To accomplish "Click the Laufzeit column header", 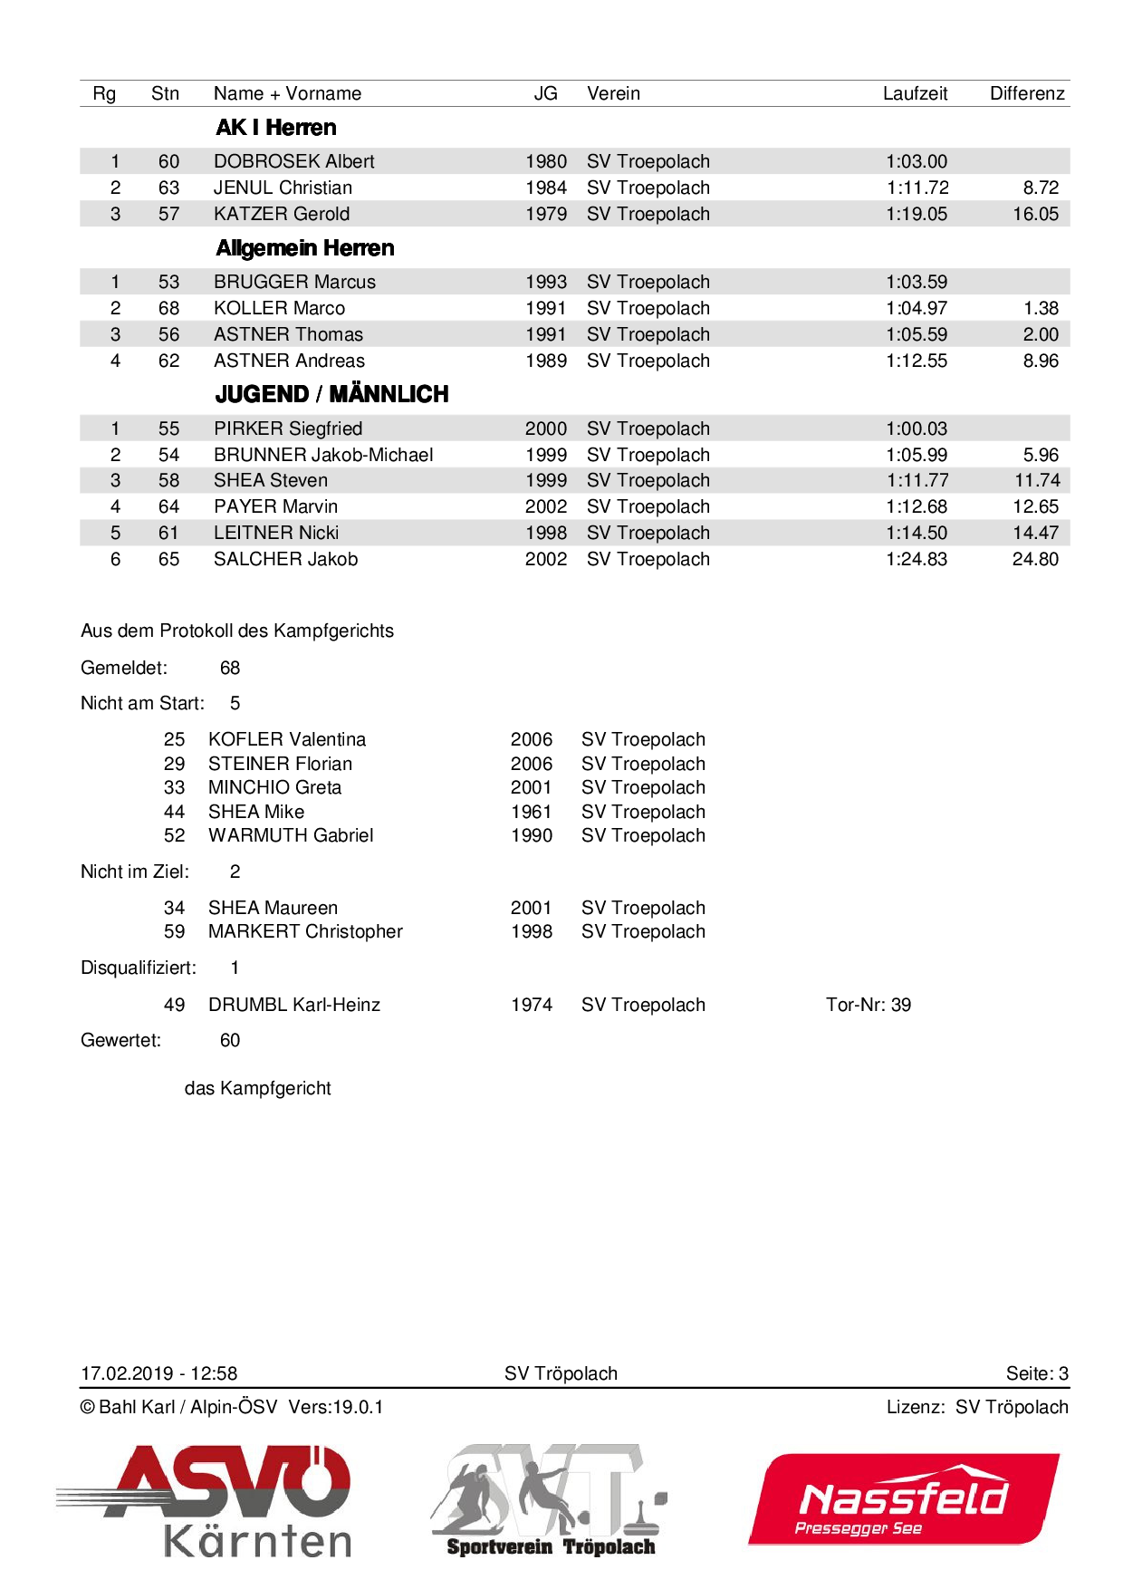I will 915,93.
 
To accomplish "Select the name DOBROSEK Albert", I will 293,161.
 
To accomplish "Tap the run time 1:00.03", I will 917,429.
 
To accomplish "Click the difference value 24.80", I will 1035,559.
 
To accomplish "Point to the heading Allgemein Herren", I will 305,248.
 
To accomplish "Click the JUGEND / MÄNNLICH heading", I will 331,394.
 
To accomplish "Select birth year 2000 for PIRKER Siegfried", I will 545,429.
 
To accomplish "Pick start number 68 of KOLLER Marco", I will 168,308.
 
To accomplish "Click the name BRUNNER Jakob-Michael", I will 323,455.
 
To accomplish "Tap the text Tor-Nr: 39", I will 868,1005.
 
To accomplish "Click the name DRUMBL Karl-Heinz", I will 293,1005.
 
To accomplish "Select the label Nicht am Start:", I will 142,703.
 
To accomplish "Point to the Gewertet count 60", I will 230,1040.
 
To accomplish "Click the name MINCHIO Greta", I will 274,787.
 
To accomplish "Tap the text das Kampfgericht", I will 257,1088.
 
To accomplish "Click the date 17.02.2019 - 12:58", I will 158,1373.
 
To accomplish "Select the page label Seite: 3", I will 1037,1373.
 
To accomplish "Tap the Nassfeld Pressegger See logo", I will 903,1499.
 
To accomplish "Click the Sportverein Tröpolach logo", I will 550,1500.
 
